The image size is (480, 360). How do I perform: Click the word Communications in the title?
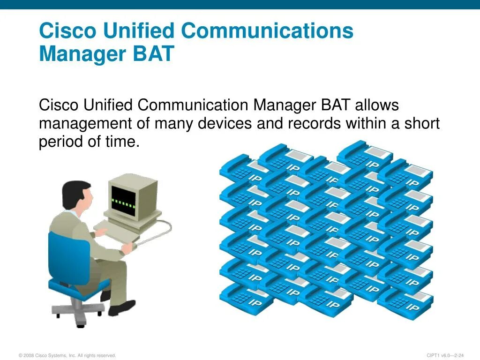tap(267, 31)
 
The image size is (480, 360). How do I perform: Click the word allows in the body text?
tap(377, 105)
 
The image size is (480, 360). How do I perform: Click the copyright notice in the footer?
tap(67, 355)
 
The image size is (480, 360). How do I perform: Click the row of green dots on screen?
tap(123, 204)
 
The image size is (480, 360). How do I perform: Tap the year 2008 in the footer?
tap(29, 355)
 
